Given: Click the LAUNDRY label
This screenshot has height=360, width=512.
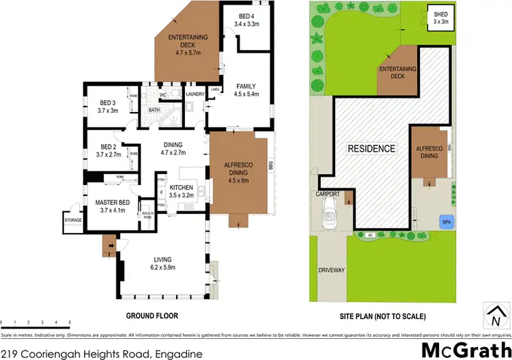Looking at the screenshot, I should (195, 94).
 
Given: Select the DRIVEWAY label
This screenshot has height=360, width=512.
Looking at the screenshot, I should (332, 271).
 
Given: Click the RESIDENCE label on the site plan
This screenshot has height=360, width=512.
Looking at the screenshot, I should (371, 149).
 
